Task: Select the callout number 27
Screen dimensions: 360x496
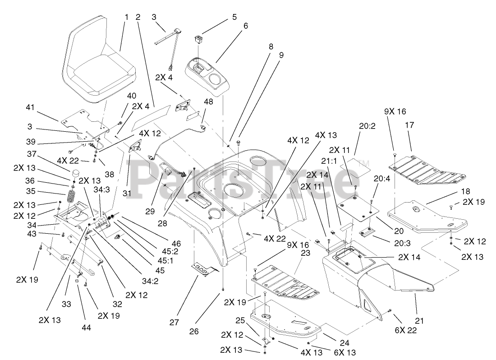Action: point(175,323)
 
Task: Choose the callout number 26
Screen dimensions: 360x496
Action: point(194,332)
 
